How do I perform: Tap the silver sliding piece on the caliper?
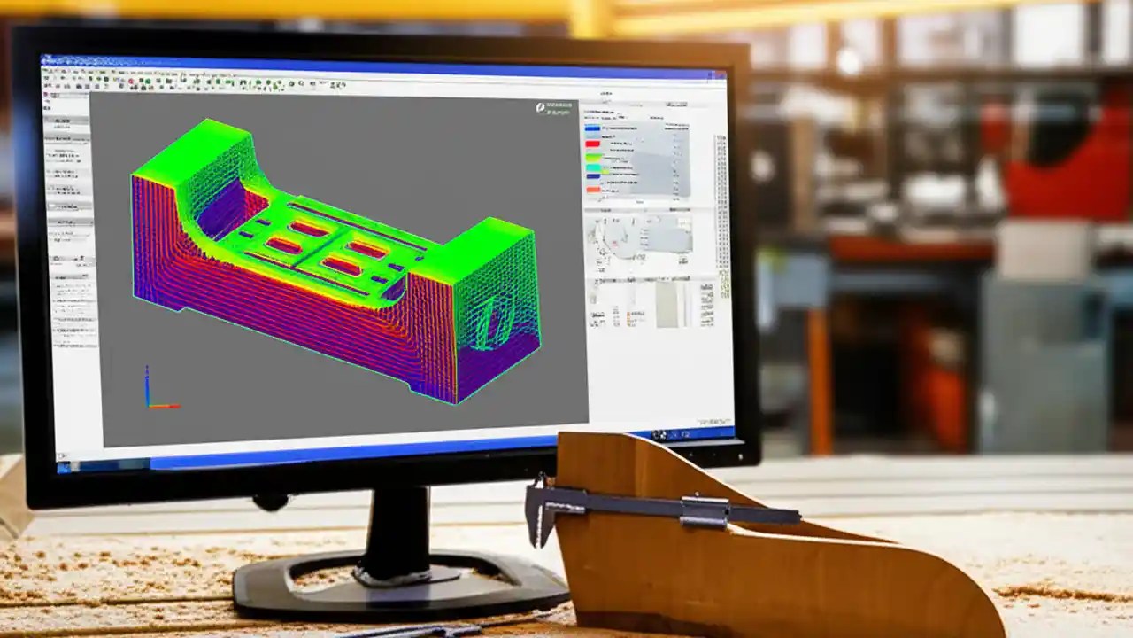coord(705,511)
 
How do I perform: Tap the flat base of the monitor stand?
coord(398,589)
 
